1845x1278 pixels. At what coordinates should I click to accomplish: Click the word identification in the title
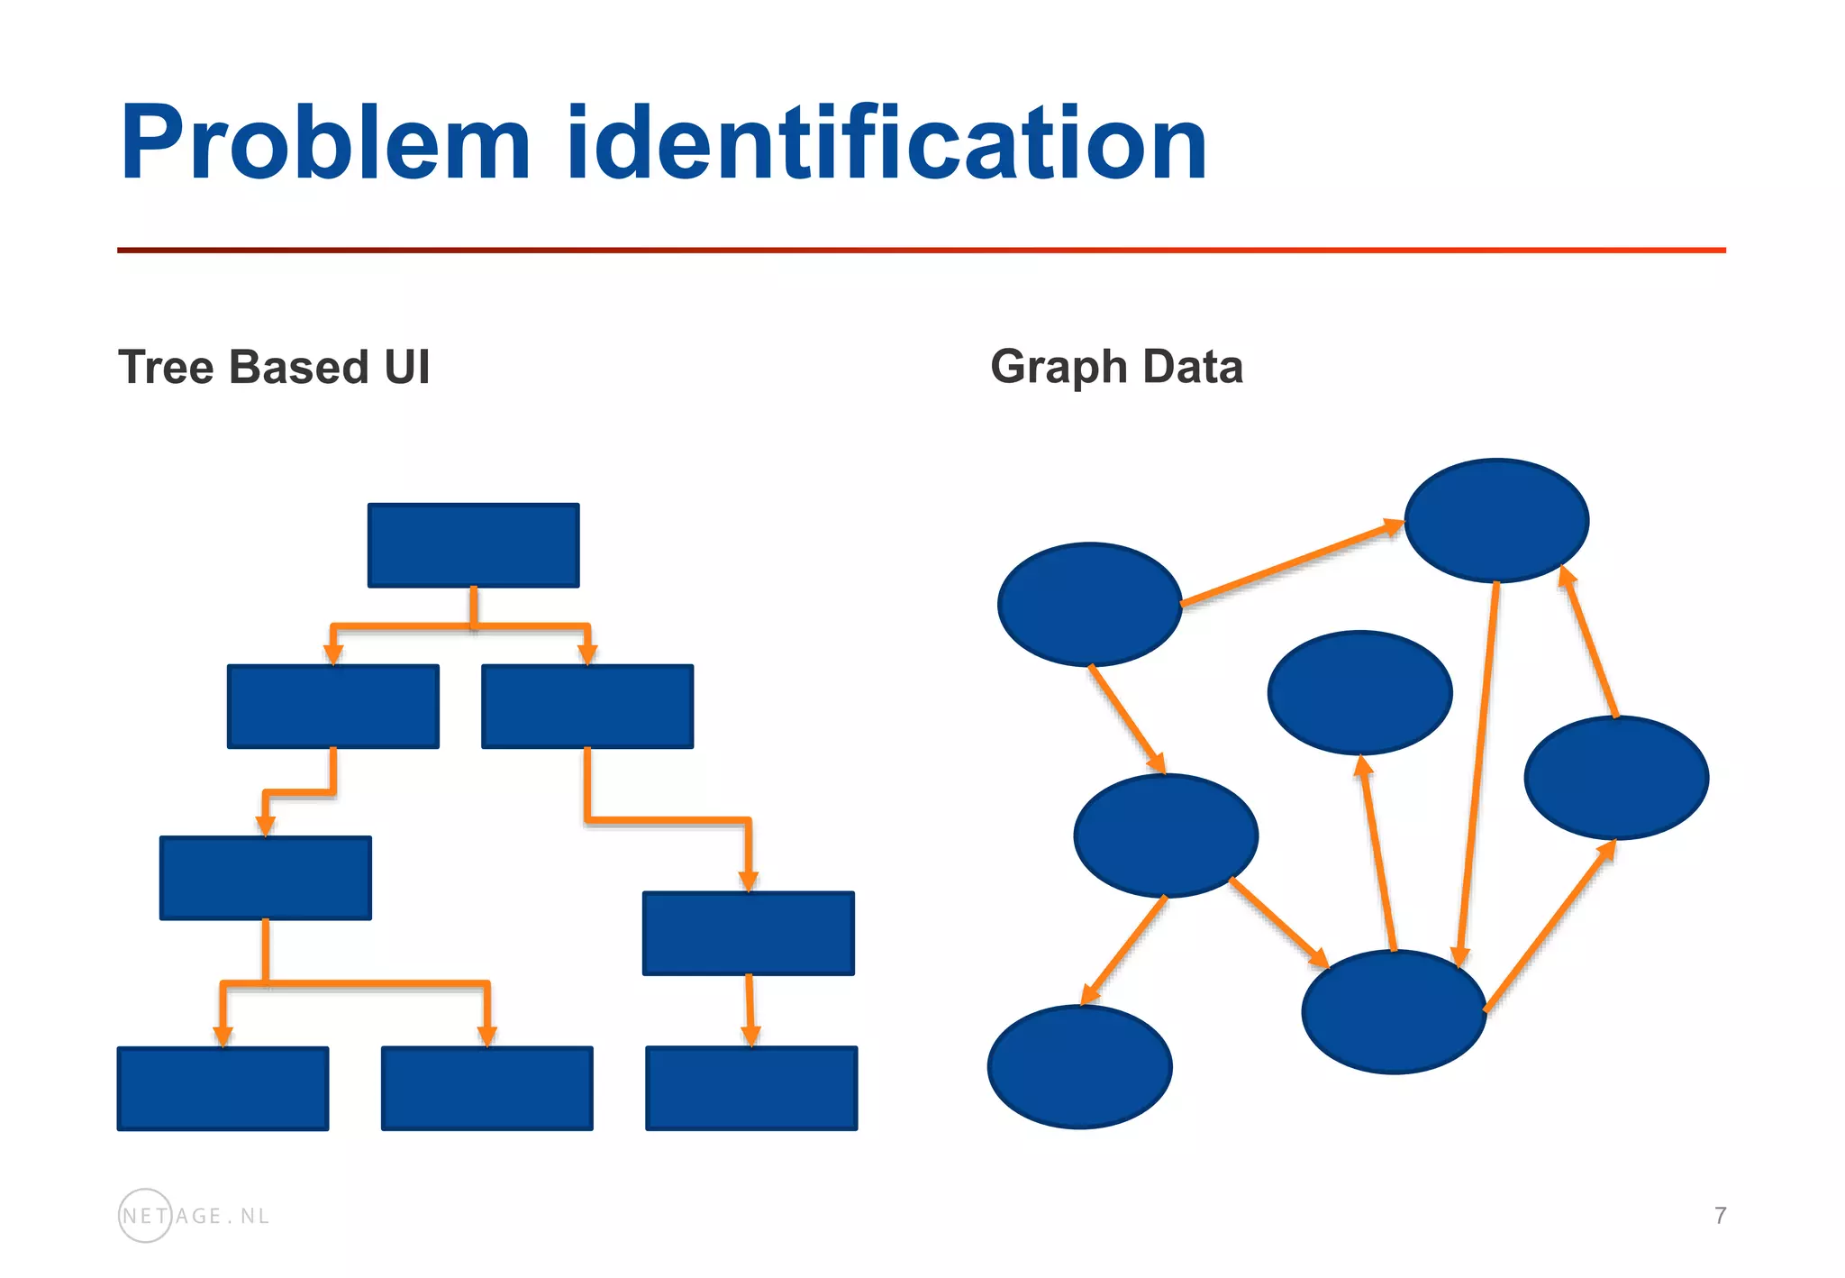tap(886, 144)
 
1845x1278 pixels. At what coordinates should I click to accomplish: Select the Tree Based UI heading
tap(274, 368)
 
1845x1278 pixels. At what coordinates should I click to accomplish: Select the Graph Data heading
tap(1116, 367)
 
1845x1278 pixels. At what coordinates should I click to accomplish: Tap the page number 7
tap(1720, 1216)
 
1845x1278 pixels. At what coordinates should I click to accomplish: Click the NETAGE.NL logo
tap(194, 1216)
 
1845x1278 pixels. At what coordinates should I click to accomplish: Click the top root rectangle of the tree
tap(473, 545)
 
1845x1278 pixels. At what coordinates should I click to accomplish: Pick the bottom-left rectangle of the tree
tap(223, 1088)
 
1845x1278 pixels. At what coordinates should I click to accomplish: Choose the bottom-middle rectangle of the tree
tap(486, 1088)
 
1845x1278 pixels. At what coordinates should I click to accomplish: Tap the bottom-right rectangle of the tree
tap(750, 1088)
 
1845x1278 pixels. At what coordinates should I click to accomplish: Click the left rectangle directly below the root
tap(332, 707)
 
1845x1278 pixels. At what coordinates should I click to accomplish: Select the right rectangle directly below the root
tap(586, 707)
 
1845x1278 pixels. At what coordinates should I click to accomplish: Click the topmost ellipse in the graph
tap(1496, 520)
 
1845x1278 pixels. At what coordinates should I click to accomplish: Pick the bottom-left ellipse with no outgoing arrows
tap(1079, 1066)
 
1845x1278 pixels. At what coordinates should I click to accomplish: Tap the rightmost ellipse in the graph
tap(1616, 778)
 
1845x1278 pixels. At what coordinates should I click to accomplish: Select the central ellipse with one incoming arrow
tap(1359, 692)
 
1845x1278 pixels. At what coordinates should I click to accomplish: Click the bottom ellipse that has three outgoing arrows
tap(1394, 1011)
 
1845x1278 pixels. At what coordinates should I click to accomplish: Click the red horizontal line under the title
tap(921, 250)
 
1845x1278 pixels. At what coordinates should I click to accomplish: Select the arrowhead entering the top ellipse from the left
tap(1394, 525)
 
